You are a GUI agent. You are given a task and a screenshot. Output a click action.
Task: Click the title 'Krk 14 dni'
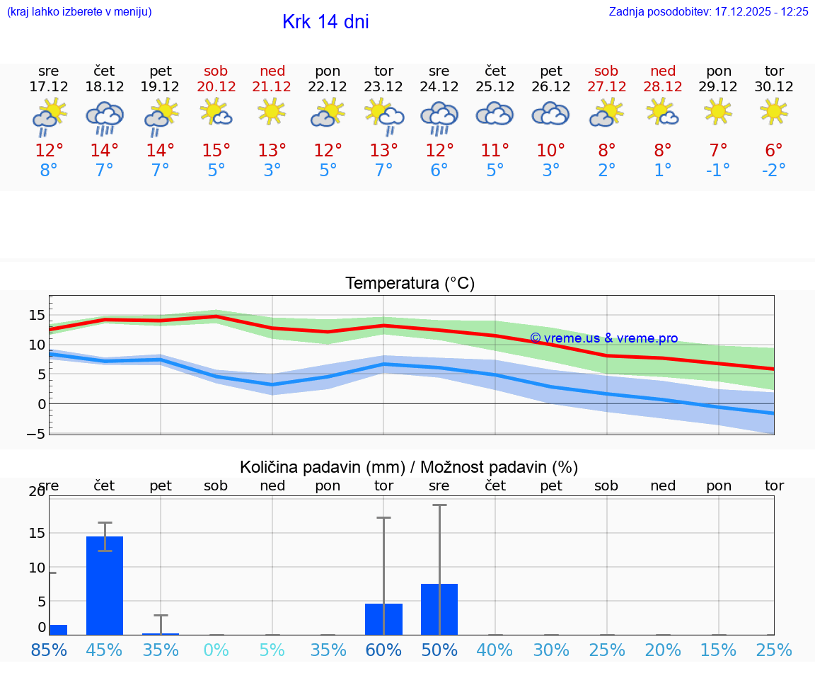tap(325, 22)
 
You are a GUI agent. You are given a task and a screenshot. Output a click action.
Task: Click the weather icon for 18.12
tap(105, 117)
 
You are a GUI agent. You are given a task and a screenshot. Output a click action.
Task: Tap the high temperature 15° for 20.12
tap(216, 151)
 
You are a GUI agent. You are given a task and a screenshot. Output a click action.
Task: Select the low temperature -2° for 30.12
tap(774, 171)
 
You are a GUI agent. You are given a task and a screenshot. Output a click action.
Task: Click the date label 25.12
tap(495, 86)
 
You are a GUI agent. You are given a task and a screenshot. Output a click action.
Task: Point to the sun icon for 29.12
tap(719, 111)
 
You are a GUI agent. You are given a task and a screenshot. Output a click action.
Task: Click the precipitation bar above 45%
tap(105, 585)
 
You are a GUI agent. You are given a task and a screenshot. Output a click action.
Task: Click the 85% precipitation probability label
tap(50, 650)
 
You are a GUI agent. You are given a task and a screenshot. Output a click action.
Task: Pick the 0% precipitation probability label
tap(216, 650)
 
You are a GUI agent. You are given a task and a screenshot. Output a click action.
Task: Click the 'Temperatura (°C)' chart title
tap(410, 284)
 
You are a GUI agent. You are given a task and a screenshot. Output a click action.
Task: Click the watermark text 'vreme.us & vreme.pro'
tap(604, 338)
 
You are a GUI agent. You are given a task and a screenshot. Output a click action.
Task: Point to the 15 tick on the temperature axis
tap(37, 315)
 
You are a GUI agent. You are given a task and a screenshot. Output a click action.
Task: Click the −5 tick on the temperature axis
tap(35, 434)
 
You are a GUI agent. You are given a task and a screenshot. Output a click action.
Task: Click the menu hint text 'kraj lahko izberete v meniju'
tap(79, 12)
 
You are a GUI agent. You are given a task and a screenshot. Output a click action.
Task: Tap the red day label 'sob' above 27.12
tap(606, 71)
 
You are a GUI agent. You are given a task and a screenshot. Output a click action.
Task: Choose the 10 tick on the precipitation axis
tap(36, 568)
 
